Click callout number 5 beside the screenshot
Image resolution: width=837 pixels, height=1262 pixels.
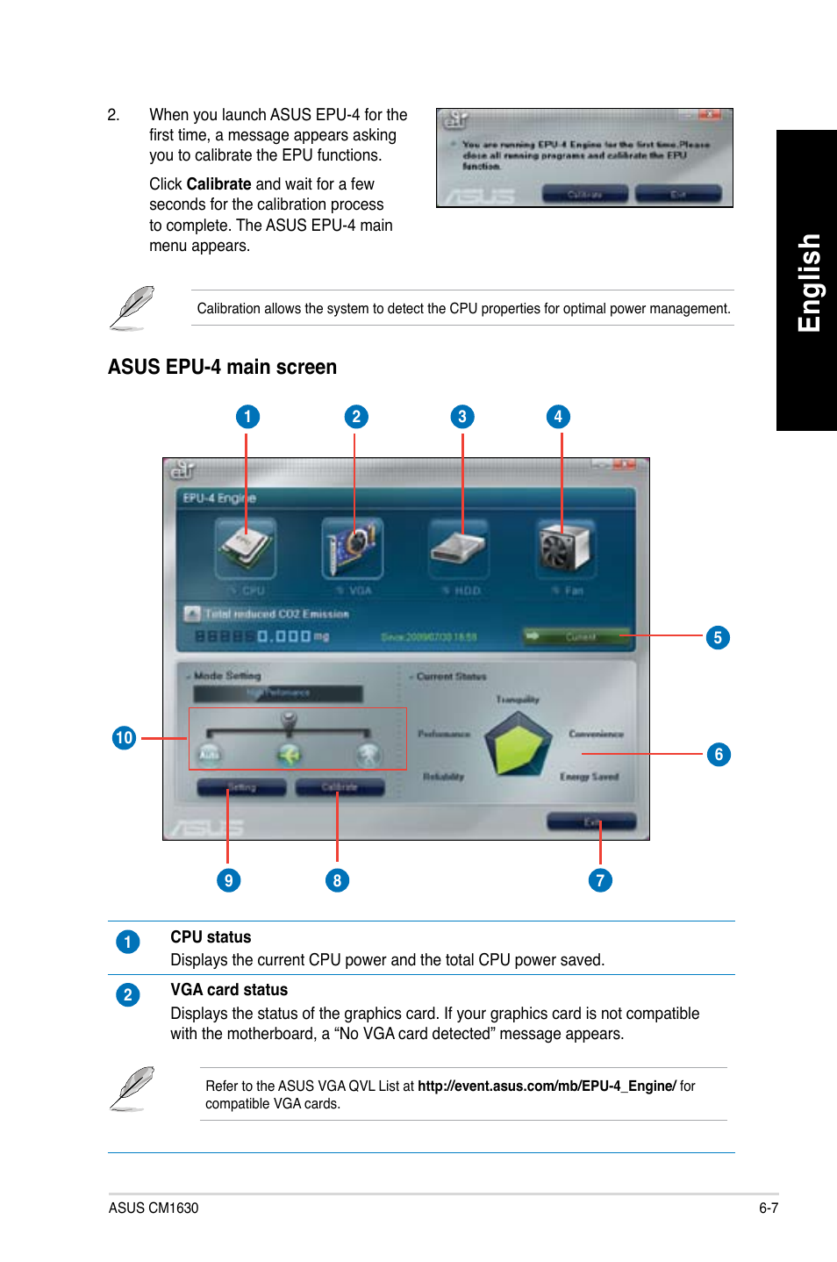click(718, 638)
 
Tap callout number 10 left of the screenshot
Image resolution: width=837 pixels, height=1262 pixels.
click(124, 738)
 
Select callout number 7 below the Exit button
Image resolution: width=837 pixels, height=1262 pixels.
click(600, 880)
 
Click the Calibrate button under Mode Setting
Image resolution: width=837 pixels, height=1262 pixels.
click(340, 787)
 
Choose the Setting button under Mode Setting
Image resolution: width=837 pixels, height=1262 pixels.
click(241, 787)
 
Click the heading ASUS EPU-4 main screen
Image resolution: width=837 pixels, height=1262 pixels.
click(222, 367)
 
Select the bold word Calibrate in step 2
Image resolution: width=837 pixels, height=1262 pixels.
click(218, 184)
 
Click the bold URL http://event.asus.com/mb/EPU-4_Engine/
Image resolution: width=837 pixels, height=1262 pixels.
click(547, 1086)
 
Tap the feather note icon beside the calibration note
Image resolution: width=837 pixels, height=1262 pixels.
click(132, 308)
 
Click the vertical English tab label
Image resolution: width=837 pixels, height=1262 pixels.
click(808, 283)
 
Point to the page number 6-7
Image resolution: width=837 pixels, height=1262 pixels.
click(769, 1208)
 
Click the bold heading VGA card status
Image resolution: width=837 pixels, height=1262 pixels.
click(229, 990)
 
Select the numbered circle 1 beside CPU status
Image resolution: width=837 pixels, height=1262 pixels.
click(128, 942)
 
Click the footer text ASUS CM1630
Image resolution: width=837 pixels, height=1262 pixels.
click(154, 1208)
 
